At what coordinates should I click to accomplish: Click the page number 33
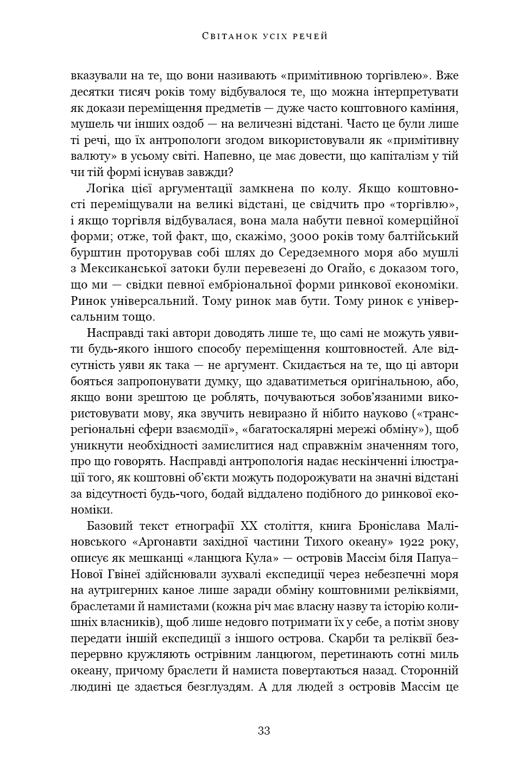pyautogui.click(x=264, y=731)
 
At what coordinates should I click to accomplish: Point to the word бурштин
pyautogui.click(x=94, y=253)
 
